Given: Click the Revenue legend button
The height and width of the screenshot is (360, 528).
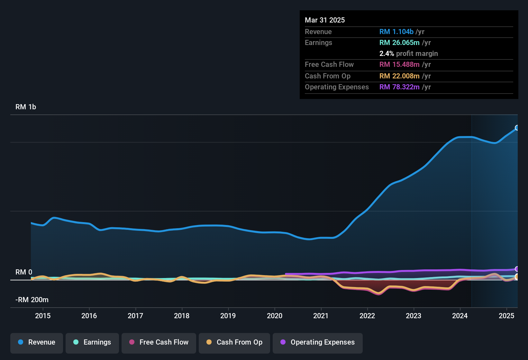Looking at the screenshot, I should (37, 342).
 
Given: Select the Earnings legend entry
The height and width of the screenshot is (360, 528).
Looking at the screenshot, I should (92, 342).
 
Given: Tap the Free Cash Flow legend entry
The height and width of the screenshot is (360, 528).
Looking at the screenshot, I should (159, 342).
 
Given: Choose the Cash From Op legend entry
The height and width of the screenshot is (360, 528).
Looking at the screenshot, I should (234, 342).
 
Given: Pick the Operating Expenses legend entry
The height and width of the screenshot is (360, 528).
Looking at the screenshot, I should (317, 342).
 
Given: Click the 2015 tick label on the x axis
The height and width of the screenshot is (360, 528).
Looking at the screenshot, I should (43, 316).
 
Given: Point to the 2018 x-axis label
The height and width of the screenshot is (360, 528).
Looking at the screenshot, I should (182, 316).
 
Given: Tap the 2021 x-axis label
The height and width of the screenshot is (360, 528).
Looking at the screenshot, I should (321, 316).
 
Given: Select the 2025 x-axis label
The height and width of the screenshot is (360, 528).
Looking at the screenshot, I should (506, 316).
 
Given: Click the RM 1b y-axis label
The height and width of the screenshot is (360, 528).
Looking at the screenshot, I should (26, 107).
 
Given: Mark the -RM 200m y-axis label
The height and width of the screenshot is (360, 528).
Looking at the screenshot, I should (32, 300).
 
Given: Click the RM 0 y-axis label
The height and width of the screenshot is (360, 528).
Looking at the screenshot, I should (24, 272).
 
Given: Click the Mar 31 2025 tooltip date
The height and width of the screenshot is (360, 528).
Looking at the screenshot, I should (325, 20).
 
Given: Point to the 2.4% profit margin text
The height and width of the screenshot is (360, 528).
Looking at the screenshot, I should (408, 54).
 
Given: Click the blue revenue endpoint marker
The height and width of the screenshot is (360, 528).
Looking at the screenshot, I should (517, 128).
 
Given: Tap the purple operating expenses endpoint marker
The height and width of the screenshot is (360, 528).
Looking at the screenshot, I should (517, 269).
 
